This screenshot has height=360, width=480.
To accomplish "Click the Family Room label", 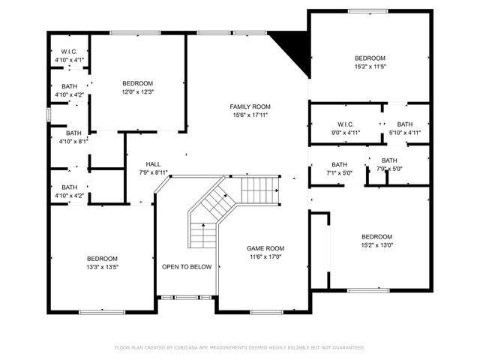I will pos(250,106).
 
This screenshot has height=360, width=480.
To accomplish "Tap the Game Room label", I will pos(266,248).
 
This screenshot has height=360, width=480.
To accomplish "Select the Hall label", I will pos(153,164).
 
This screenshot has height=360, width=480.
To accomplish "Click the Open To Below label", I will pos(187,267).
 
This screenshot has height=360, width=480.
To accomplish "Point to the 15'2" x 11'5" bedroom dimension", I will pos(370,67).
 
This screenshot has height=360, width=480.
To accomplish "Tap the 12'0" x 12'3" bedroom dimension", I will pos(138,91).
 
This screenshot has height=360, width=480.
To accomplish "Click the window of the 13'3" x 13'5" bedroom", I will pos(102,311).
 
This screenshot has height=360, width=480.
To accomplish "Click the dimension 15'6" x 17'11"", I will pos(250,115).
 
